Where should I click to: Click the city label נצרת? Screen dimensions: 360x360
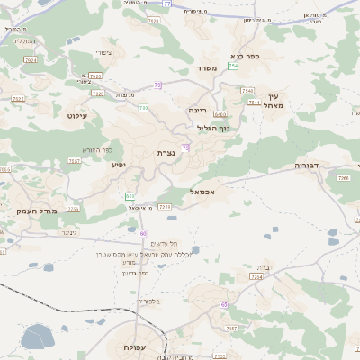click(x=166, y=153)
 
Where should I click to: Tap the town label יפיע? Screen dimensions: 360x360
click(x=119, y=165)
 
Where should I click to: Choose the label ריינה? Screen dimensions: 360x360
click(x=198, y=110)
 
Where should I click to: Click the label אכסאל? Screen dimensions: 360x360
click(x=206, y=192)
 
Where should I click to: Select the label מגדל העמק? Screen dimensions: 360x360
click(x=37, y=211)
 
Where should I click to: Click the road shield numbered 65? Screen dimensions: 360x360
click(x=223, y=305)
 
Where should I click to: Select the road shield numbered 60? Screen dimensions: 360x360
click(x=142, y=233)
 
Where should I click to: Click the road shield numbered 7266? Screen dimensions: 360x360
click(x=343, y=179)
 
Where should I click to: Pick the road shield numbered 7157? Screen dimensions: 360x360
click(x=231, y=329)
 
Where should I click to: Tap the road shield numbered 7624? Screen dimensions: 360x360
click(x=31, y=59)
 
